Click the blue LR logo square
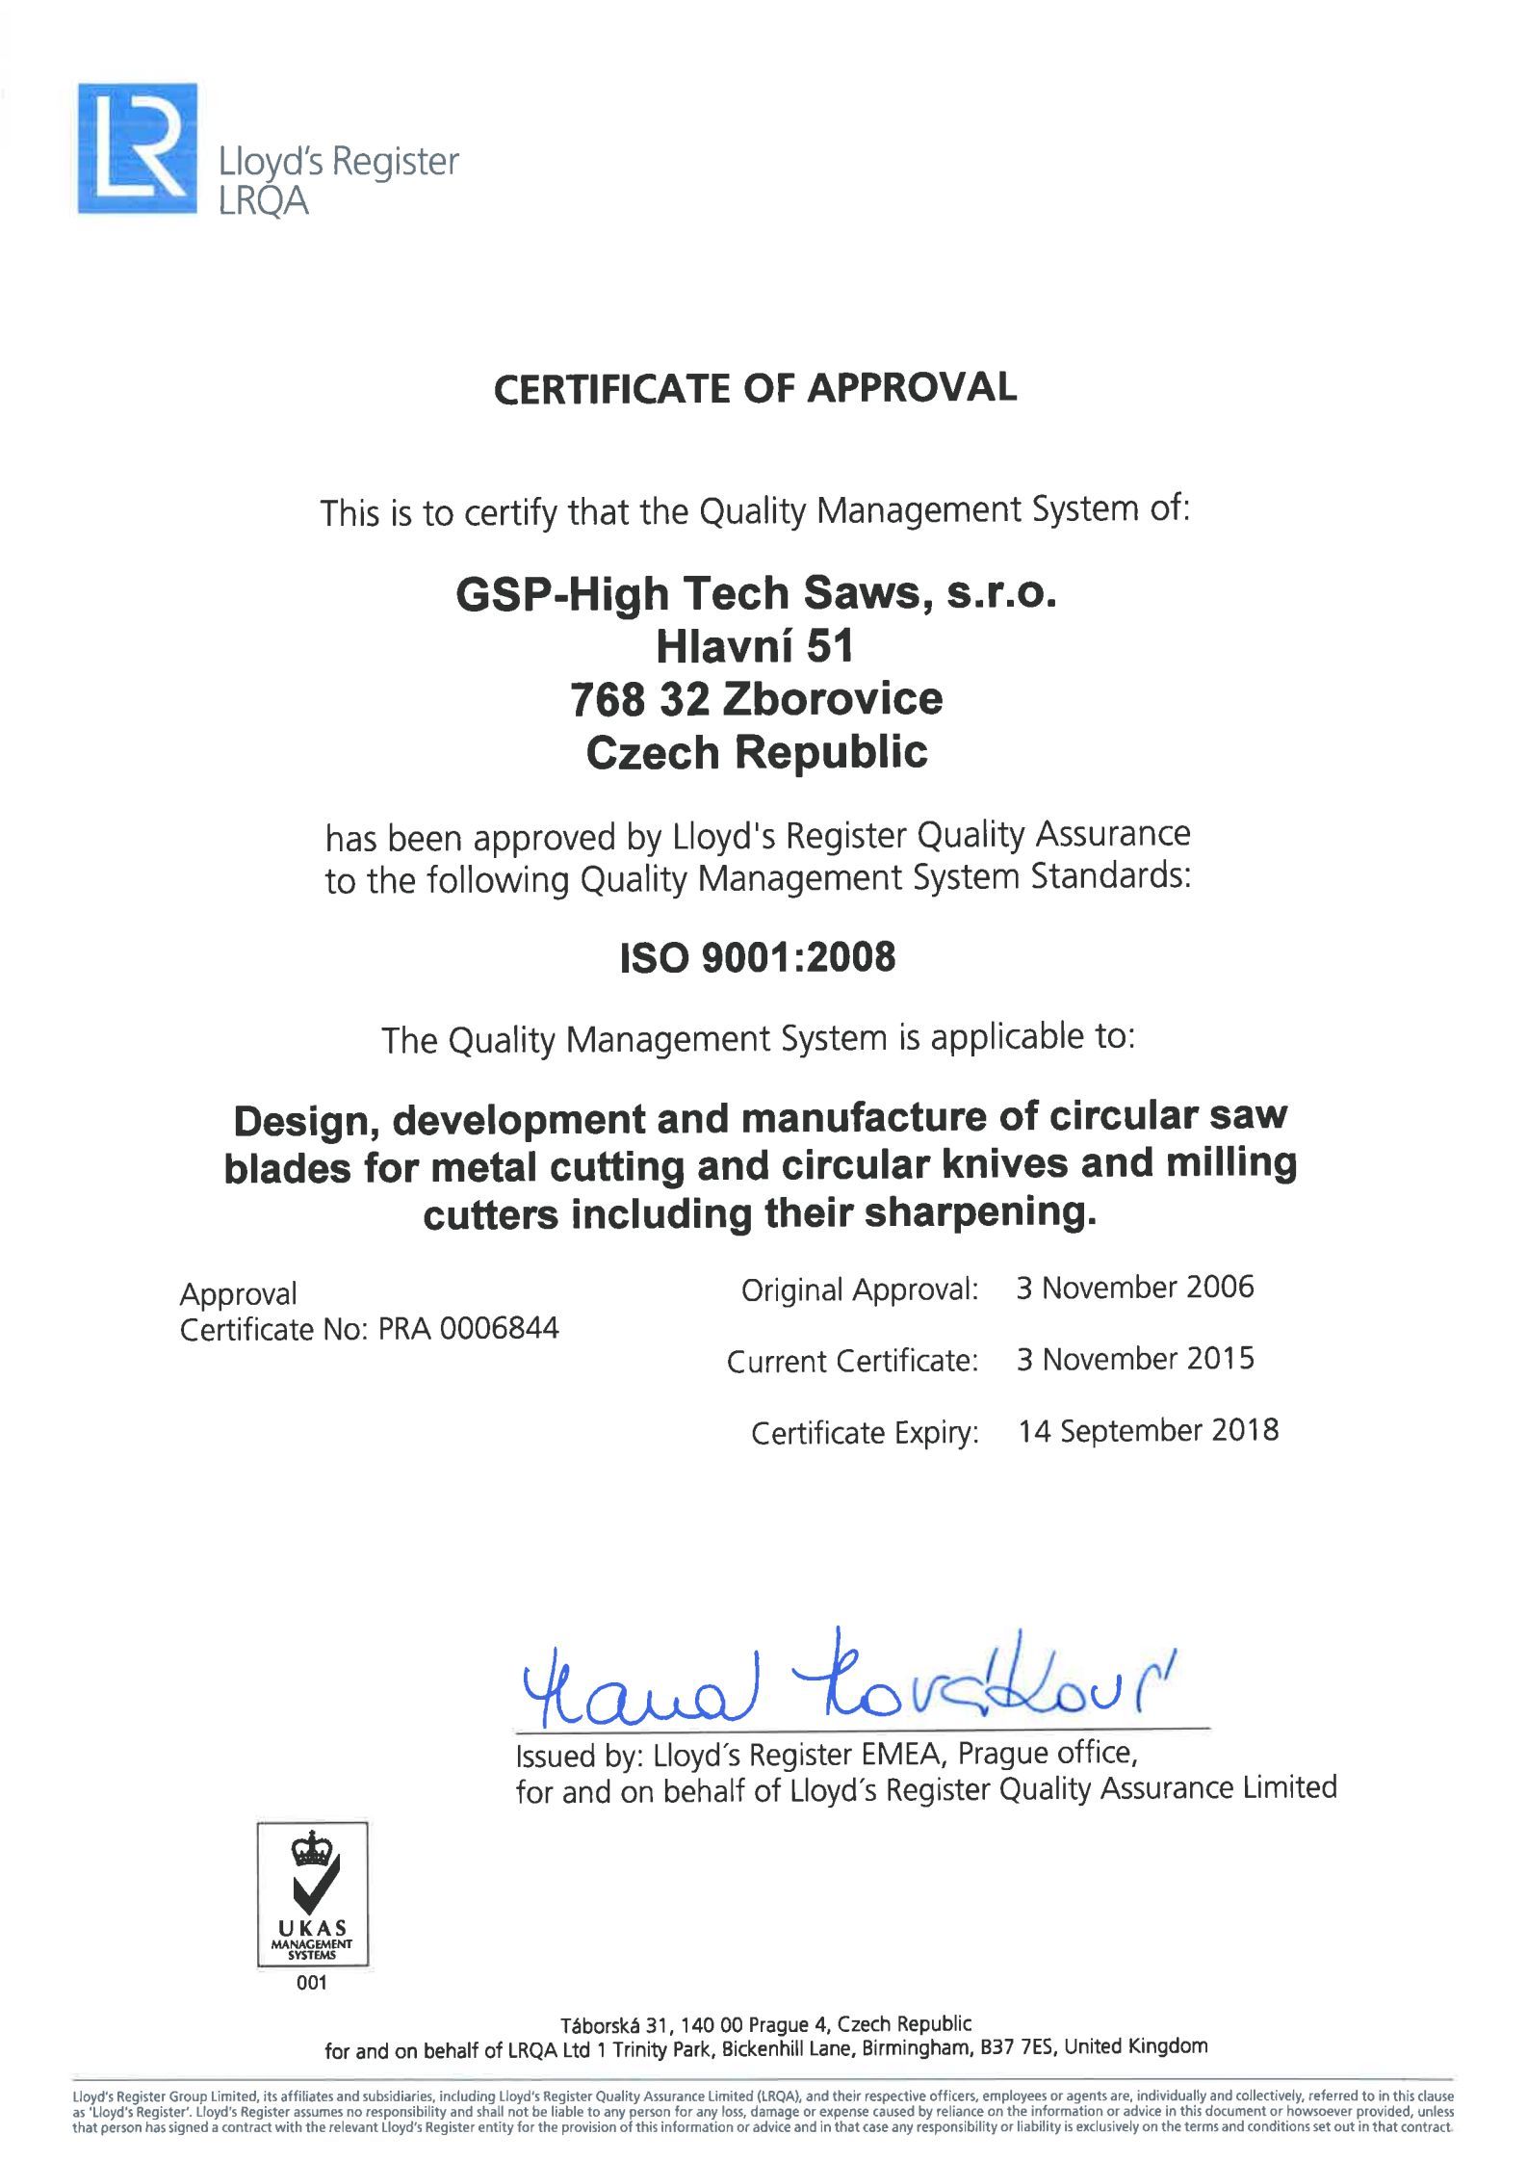(138, 148)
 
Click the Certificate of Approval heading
(755, 388)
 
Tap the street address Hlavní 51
(756, 646)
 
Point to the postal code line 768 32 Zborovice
(756, 699)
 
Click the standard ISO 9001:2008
(758, 957)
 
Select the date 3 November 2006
(1135, 1288)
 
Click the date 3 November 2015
(1135, 1359)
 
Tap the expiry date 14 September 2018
(1149, 1430)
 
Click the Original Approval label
(859, 1289)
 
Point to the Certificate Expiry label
(865, 1433)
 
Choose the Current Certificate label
(852, 1361)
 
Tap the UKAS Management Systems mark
(313, 1893)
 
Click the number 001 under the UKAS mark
(313, 1983)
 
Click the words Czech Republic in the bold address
(756, 752)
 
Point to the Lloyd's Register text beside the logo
(339, 162)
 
